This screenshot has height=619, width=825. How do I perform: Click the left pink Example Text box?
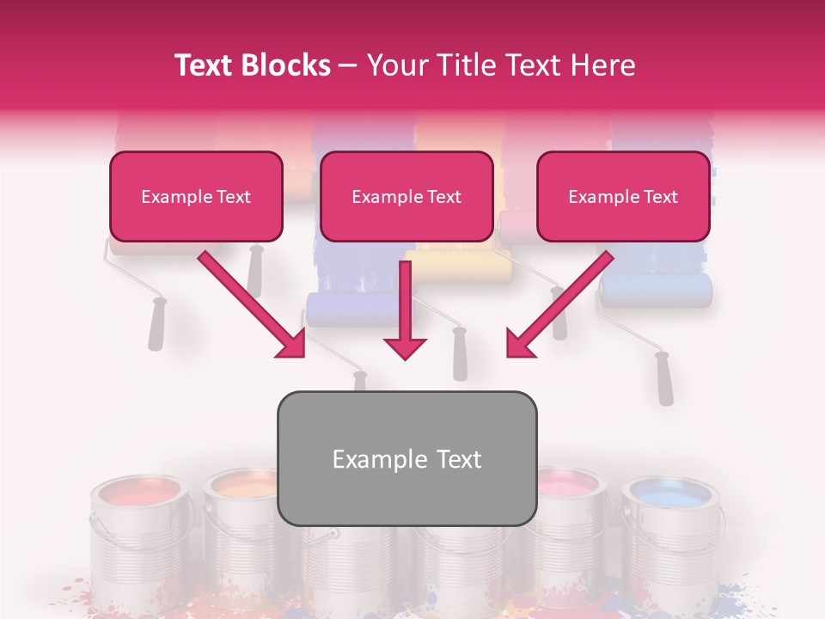tap(196, 197)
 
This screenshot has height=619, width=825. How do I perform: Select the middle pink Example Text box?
tap(406, 197)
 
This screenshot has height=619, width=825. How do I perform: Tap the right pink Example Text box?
tap(623, 197)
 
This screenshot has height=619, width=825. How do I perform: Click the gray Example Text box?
tap(406, 459)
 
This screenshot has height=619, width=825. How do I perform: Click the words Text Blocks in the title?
tap(252, 65)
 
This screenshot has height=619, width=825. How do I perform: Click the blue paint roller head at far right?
tap(657, 291)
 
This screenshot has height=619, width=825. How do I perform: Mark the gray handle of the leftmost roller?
tap(156, 324)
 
